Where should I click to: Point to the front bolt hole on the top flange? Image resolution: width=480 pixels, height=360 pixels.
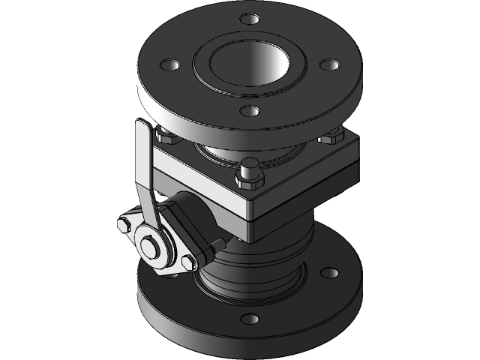[249, 112]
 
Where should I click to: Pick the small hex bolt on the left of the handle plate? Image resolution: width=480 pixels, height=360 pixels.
[122, 224]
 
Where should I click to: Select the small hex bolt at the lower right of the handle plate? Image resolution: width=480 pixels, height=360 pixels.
[187, 260]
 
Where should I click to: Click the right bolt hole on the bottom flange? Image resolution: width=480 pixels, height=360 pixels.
[328, 271]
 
